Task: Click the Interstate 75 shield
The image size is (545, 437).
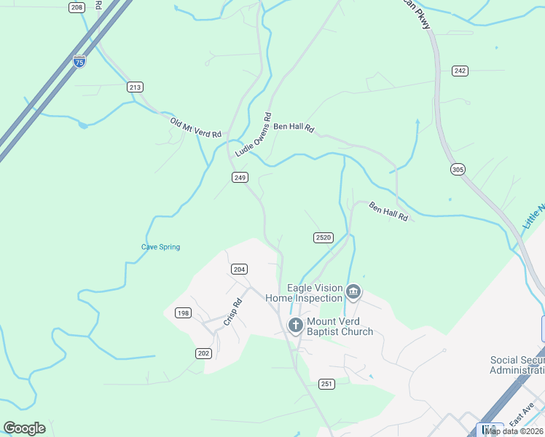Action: point(79,61)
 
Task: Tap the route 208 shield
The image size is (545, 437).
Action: point(77,7)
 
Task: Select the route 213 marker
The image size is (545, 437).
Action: point(135,87)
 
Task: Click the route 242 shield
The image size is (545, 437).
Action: point(459,71)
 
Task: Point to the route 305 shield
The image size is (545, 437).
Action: point(458,170)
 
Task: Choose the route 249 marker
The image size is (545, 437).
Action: point(240,177)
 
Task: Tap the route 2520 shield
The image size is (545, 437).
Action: point(324,237)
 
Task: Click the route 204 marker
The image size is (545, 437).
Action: point(239,269)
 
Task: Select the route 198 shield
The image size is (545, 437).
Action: point(183,313)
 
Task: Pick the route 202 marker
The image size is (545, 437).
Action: point(203,353)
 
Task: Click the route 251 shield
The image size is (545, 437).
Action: point(326,384)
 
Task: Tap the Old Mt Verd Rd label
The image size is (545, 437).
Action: point(195,128)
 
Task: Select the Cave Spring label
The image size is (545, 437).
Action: point(160,247)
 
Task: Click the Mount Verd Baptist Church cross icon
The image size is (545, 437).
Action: point(296,325)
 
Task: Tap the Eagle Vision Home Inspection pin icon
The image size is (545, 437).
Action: point(353,292)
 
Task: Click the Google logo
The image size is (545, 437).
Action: point(24,428)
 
